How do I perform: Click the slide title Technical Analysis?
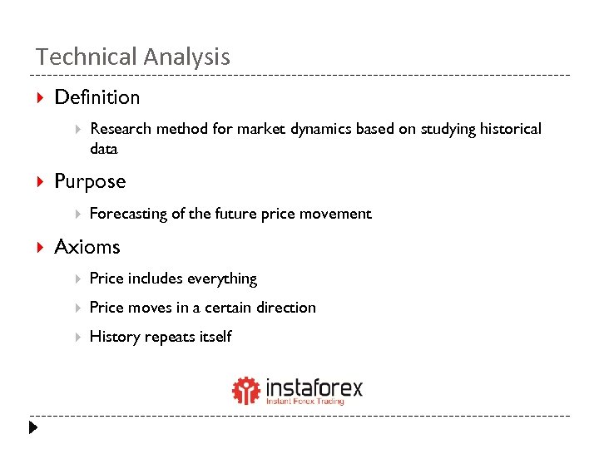132,57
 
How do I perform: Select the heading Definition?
97,97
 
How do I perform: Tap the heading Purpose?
90,181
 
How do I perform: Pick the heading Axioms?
87,247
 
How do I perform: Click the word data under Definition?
104,150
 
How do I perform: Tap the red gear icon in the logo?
246,390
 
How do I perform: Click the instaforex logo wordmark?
314,387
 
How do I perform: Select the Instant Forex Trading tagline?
304,402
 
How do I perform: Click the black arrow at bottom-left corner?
32,429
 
